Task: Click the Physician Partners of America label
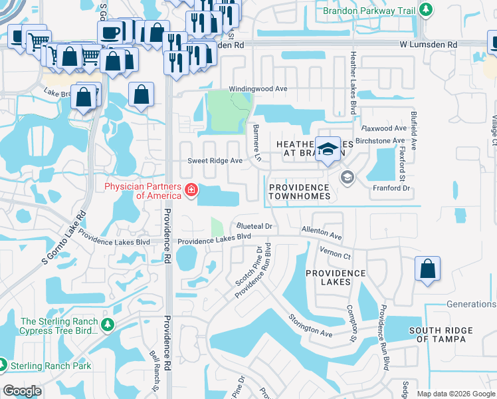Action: pyautogui.click(x=142, y=191)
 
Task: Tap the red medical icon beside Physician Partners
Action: pyautogui.click(x=191, y=192)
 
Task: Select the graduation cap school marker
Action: pyautogui.click(x=327, y=150)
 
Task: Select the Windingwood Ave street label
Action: pyautogui.click(x=258, y=88)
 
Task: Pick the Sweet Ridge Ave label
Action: pyautogui.click(x=215, y=161)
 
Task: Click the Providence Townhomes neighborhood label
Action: pyautogui.click(x=299, y=192)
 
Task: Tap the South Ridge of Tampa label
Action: pyautogui.click(x=441, y=335)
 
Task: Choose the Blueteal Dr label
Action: pyautogui.click(x=254, y=227)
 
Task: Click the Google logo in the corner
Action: pyautogui.click(x=22, y=391)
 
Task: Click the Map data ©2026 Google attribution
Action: pyautogui.click(x=455, y=394)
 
